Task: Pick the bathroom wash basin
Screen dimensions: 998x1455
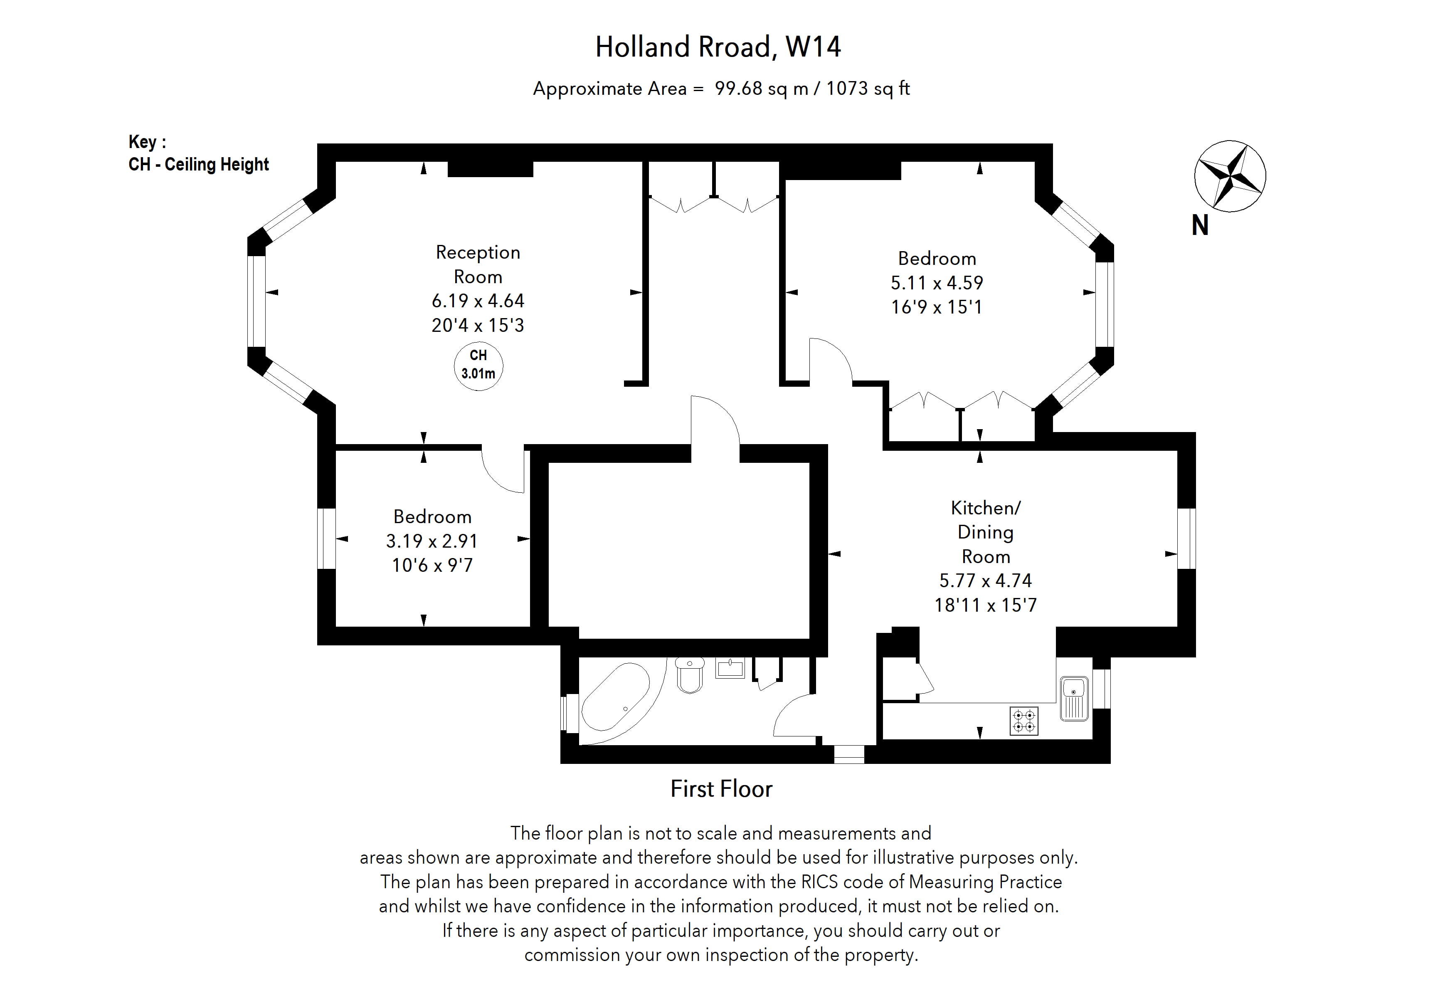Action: (x=730, y=668)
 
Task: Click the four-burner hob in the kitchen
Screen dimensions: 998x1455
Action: (x=1023, y=721)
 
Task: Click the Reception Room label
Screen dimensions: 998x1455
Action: (x=478, y=264)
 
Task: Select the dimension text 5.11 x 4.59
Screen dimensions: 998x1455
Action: (x=937, y=283)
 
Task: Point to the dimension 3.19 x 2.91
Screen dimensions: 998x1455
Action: (x=432, y=541)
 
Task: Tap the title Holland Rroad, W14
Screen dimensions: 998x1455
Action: (x=718, y=47)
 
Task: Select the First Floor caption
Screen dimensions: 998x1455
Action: (x=721, y=789)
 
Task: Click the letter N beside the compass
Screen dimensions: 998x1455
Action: (x=1200, y=225)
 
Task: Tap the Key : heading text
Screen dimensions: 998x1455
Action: (x=147, y=142)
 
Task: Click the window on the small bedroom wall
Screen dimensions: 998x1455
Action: (x=326, y=539)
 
